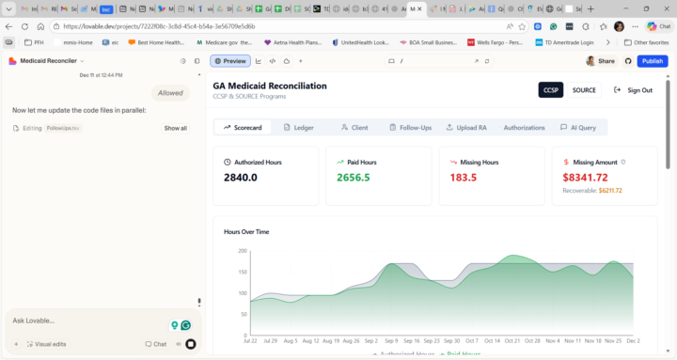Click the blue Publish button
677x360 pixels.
[653, 61]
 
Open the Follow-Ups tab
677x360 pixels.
[409, 127]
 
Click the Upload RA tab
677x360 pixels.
[465, 127]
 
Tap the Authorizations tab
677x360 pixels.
[524, 127]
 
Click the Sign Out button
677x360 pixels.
[633, 90]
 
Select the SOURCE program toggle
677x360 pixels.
[584, 90]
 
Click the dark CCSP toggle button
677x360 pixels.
[551, 90]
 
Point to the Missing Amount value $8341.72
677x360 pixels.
[585, 177]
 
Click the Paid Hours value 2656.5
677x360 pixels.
[353, 177]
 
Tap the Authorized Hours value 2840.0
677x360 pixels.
[240, 177]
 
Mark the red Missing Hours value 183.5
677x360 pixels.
[464, 177]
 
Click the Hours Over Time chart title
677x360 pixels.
[246, 231]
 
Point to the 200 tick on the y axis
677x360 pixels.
[242, 251]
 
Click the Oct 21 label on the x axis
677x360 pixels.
[512, 340]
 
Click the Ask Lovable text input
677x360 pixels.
[85, 321]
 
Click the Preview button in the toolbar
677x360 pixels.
[229, 61]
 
